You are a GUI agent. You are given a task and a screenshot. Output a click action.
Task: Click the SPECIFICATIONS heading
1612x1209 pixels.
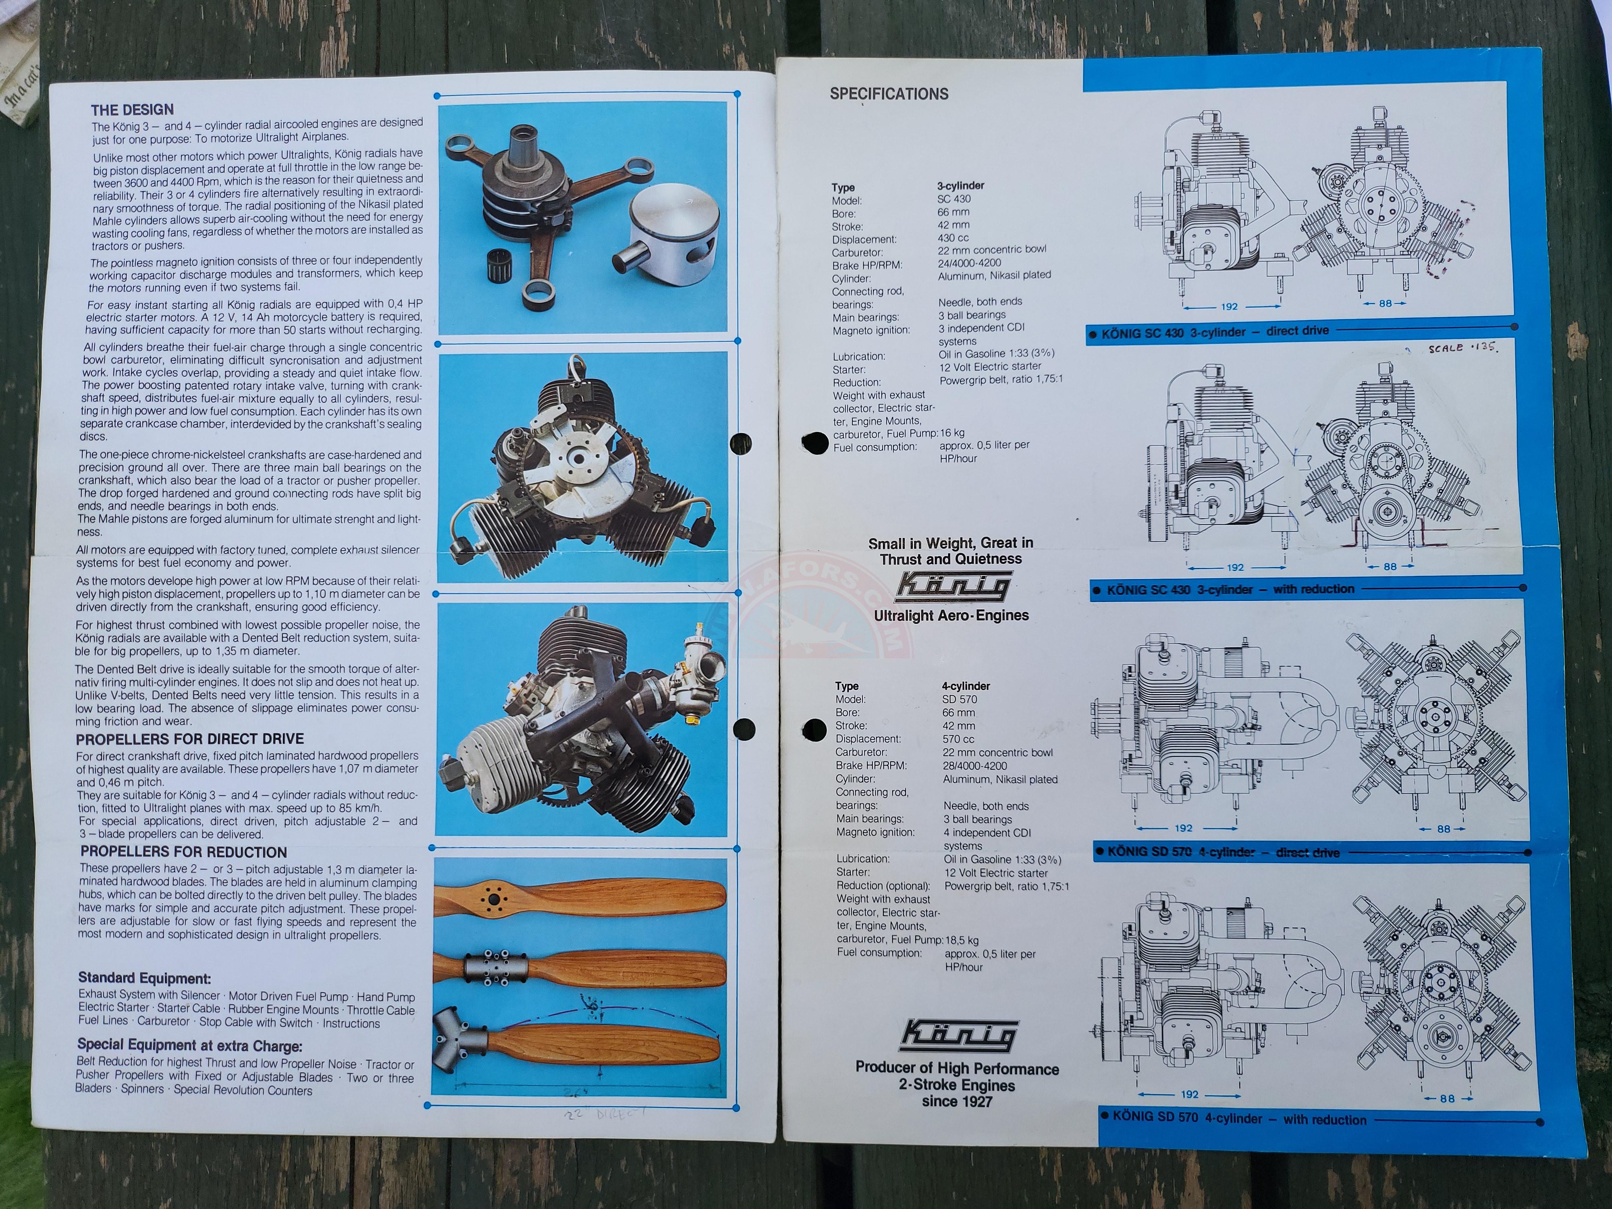coord(889,93)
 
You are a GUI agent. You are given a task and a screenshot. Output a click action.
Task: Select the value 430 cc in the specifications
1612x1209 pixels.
coord(953,238)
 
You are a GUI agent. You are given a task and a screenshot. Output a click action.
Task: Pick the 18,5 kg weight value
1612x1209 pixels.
coord(962,940)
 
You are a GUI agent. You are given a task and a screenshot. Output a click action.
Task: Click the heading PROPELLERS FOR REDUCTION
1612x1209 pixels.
coord(184,852)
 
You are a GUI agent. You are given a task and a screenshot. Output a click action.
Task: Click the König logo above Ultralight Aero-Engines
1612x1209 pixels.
coord(952,586)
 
